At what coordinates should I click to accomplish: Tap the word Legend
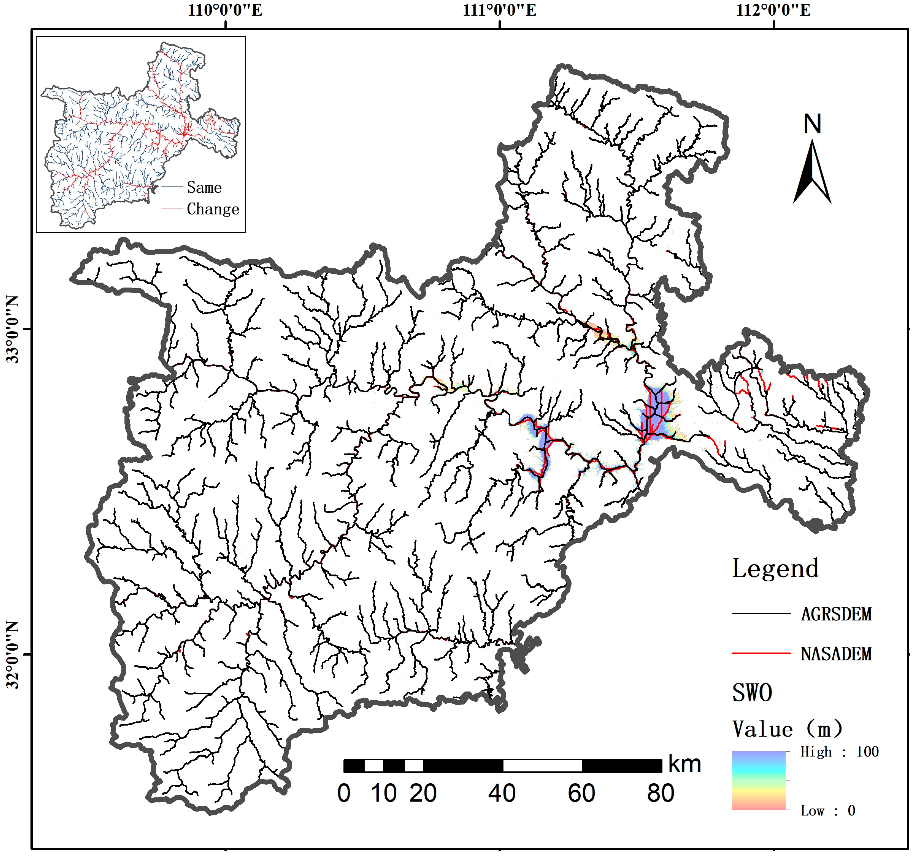(775, 568)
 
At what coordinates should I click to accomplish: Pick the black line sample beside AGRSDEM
(761, 613)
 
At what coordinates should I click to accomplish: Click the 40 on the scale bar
(502, 793)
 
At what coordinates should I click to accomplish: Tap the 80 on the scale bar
(660, 793)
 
